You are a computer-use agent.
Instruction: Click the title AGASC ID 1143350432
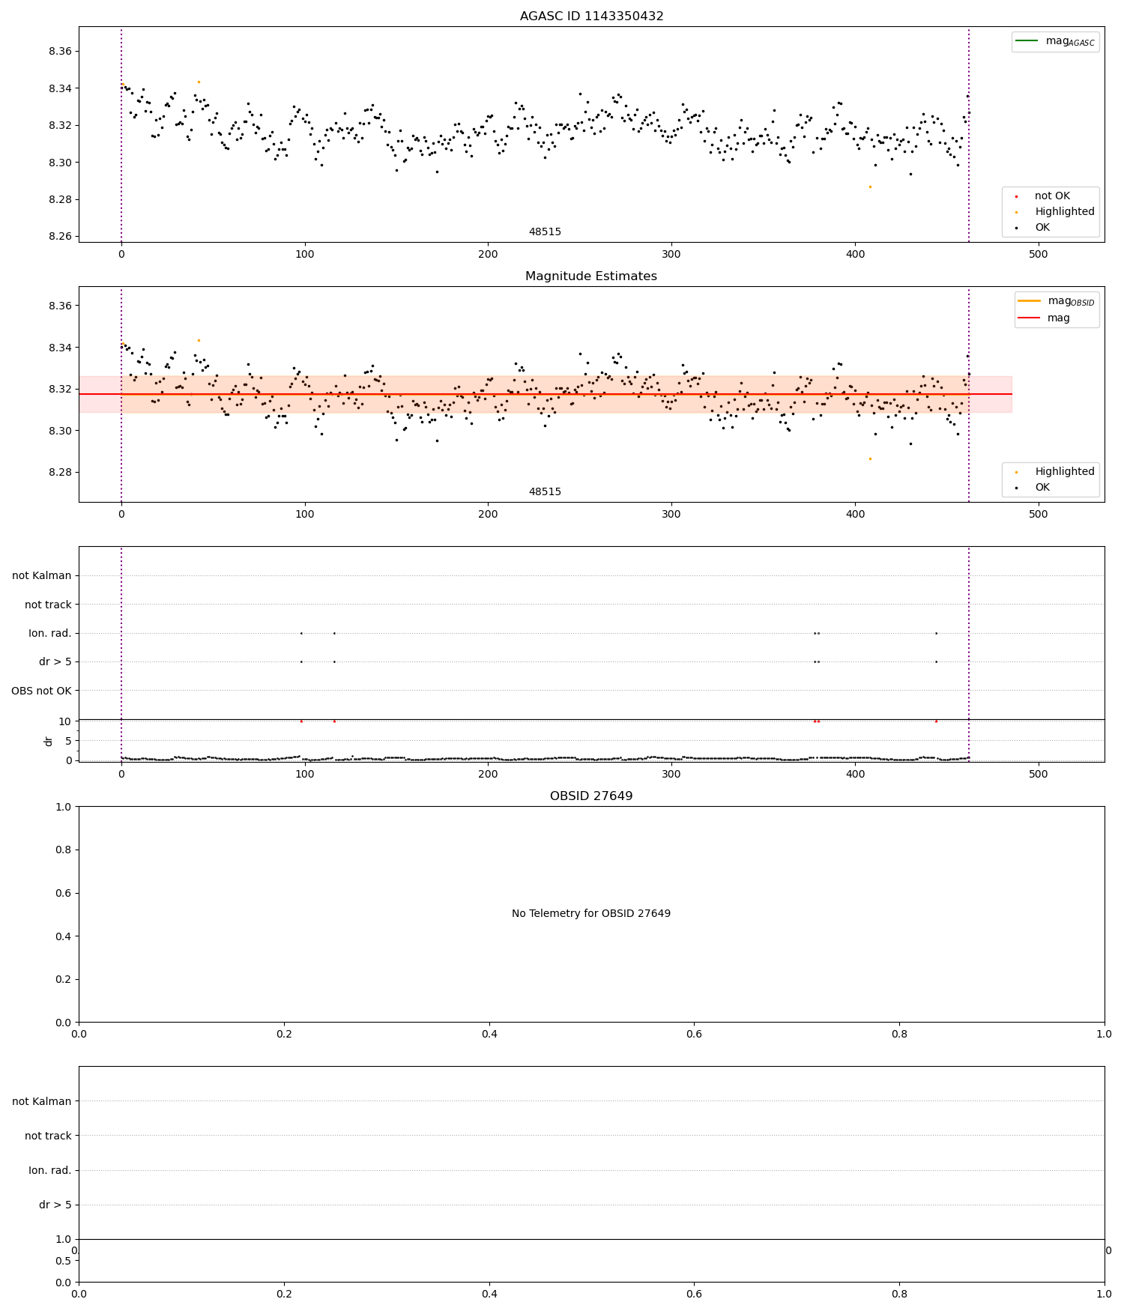591,16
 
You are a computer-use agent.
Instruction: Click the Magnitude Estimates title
591,276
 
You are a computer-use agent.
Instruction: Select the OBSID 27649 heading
591,796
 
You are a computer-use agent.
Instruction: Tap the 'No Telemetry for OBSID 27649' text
591,914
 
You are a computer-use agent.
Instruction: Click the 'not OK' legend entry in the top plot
1052,196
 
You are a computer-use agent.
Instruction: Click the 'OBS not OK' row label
41,691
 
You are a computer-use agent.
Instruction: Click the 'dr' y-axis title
49,741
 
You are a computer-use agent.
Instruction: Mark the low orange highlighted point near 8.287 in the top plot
870,187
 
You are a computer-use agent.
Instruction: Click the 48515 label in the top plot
545,232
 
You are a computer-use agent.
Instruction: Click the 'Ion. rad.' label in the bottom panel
49,1170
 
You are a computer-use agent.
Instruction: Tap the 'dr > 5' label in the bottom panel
55,1205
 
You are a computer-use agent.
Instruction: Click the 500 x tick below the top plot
1038,255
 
